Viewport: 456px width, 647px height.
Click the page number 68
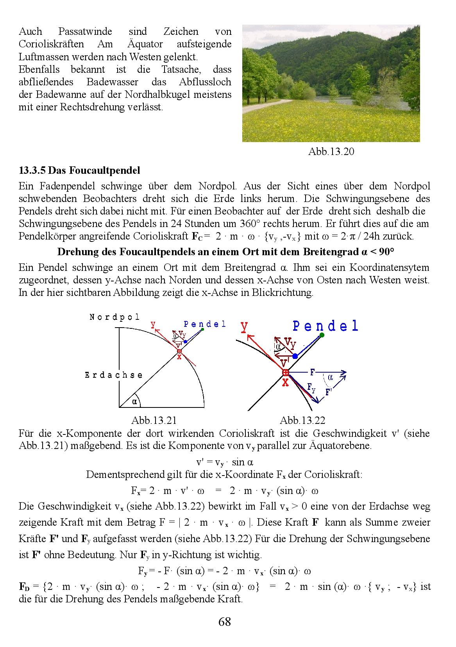[225, 622]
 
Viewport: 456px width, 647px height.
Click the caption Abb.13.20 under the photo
[331, 151]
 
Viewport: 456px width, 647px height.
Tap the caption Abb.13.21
[154, 420]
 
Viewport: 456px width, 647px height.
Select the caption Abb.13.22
[302, 420]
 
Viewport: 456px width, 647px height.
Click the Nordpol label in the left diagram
[114, 317]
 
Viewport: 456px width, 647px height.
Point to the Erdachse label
[114, 375]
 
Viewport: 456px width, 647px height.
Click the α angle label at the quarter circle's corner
[134, 401]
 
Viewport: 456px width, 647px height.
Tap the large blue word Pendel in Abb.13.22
[325, 326]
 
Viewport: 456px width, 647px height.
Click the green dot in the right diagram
[322, 335]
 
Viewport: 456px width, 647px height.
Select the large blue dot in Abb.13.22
[295, 356]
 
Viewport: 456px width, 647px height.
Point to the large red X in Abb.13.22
[286, 382]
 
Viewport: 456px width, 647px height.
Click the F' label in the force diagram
[329, 392]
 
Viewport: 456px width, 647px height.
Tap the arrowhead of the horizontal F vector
[344, 372]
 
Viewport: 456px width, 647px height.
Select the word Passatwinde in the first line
[85, 31]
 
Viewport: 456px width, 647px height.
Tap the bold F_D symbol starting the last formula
[24, 587]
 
